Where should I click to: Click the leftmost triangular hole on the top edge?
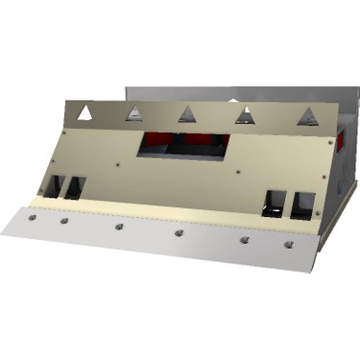tap(85, 112)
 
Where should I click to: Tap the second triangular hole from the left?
tap(135, 114)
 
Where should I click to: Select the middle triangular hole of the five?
tap(187, 115)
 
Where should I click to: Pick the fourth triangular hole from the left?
tap(246, 116)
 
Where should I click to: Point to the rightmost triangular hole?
tap(307, 117)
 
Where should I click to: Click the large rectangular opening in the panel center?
tap(185, 144)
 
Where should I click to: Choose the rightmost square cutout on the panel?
tap(303, 204)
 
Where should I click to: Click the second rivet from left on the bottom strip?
tap(64, 221)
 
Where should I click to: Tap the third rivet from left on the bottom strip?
tap(119, 228)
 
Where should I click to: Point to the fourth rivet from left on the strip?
tap(179, 233)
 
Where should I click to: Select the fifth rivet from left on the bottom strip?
tap(244, 239)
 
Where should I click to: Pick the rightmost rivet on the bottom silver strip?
tap(288, 245)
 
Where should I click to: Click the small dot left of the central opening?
tap(117, 164)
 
